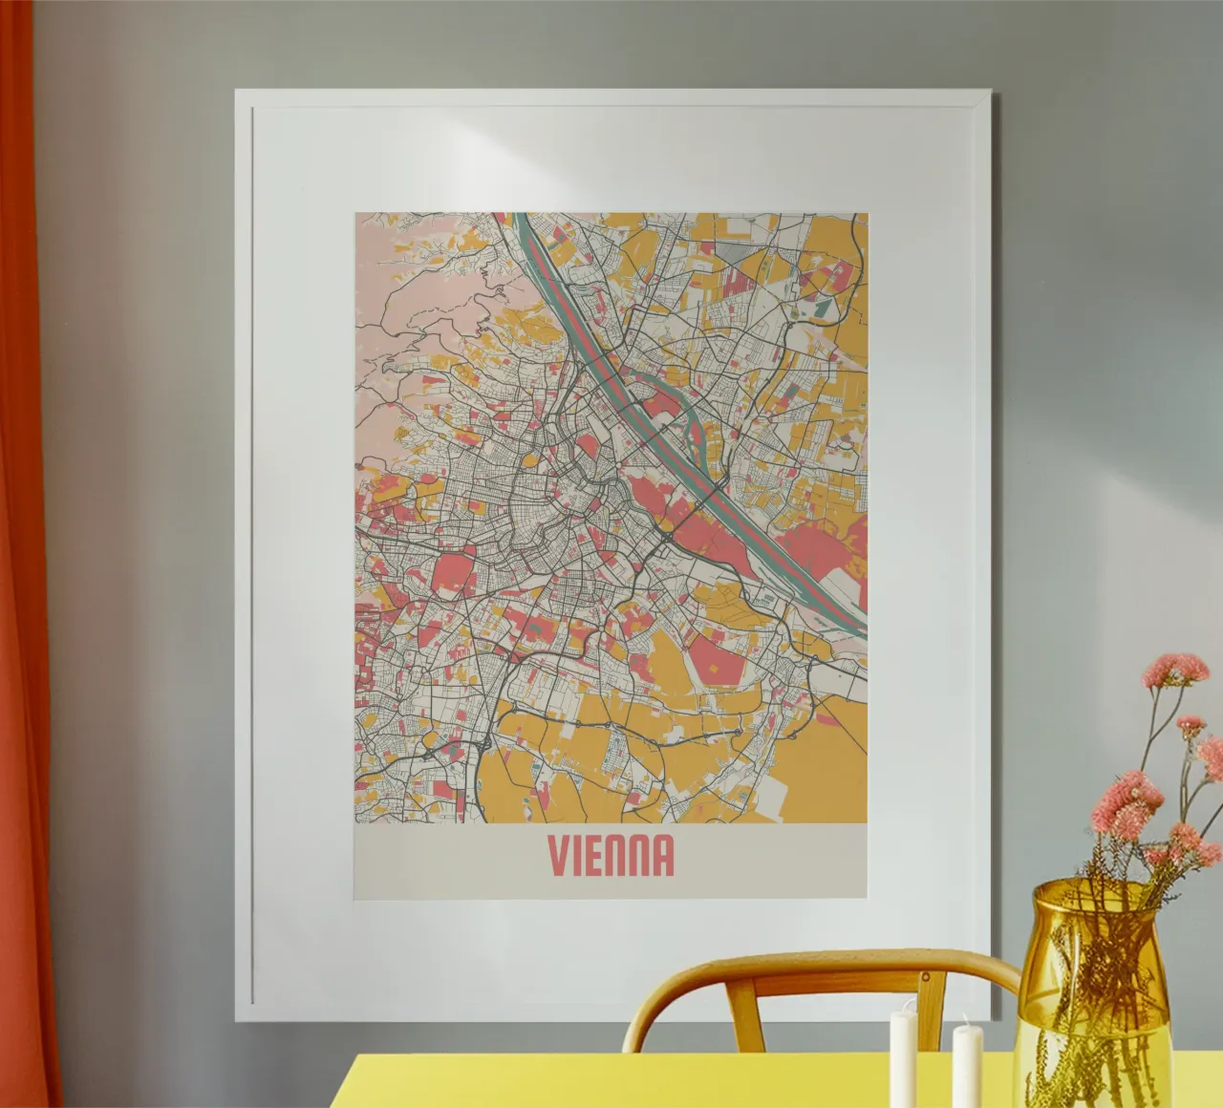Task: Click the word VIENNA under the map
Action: click(611, 856)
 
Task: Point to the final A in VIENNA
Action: click(663, 856)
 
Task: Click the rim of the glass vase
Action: click(1095, 888)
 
